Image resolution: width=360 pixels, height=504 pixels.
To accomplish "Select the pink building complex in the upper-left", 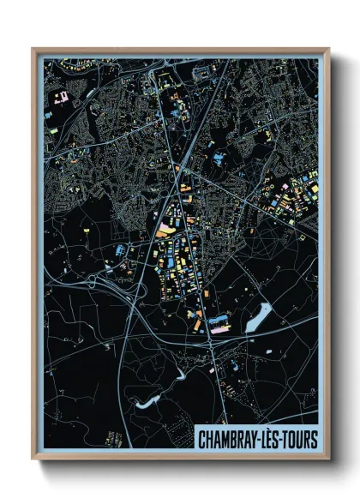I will tap(61, 97).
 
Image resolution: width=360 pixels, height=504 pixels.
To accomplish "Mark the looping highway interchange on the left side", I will tap(110, 283).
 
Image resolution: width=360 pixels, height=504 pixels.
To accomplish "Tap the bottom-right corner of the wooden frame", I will tap(327, 460).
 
